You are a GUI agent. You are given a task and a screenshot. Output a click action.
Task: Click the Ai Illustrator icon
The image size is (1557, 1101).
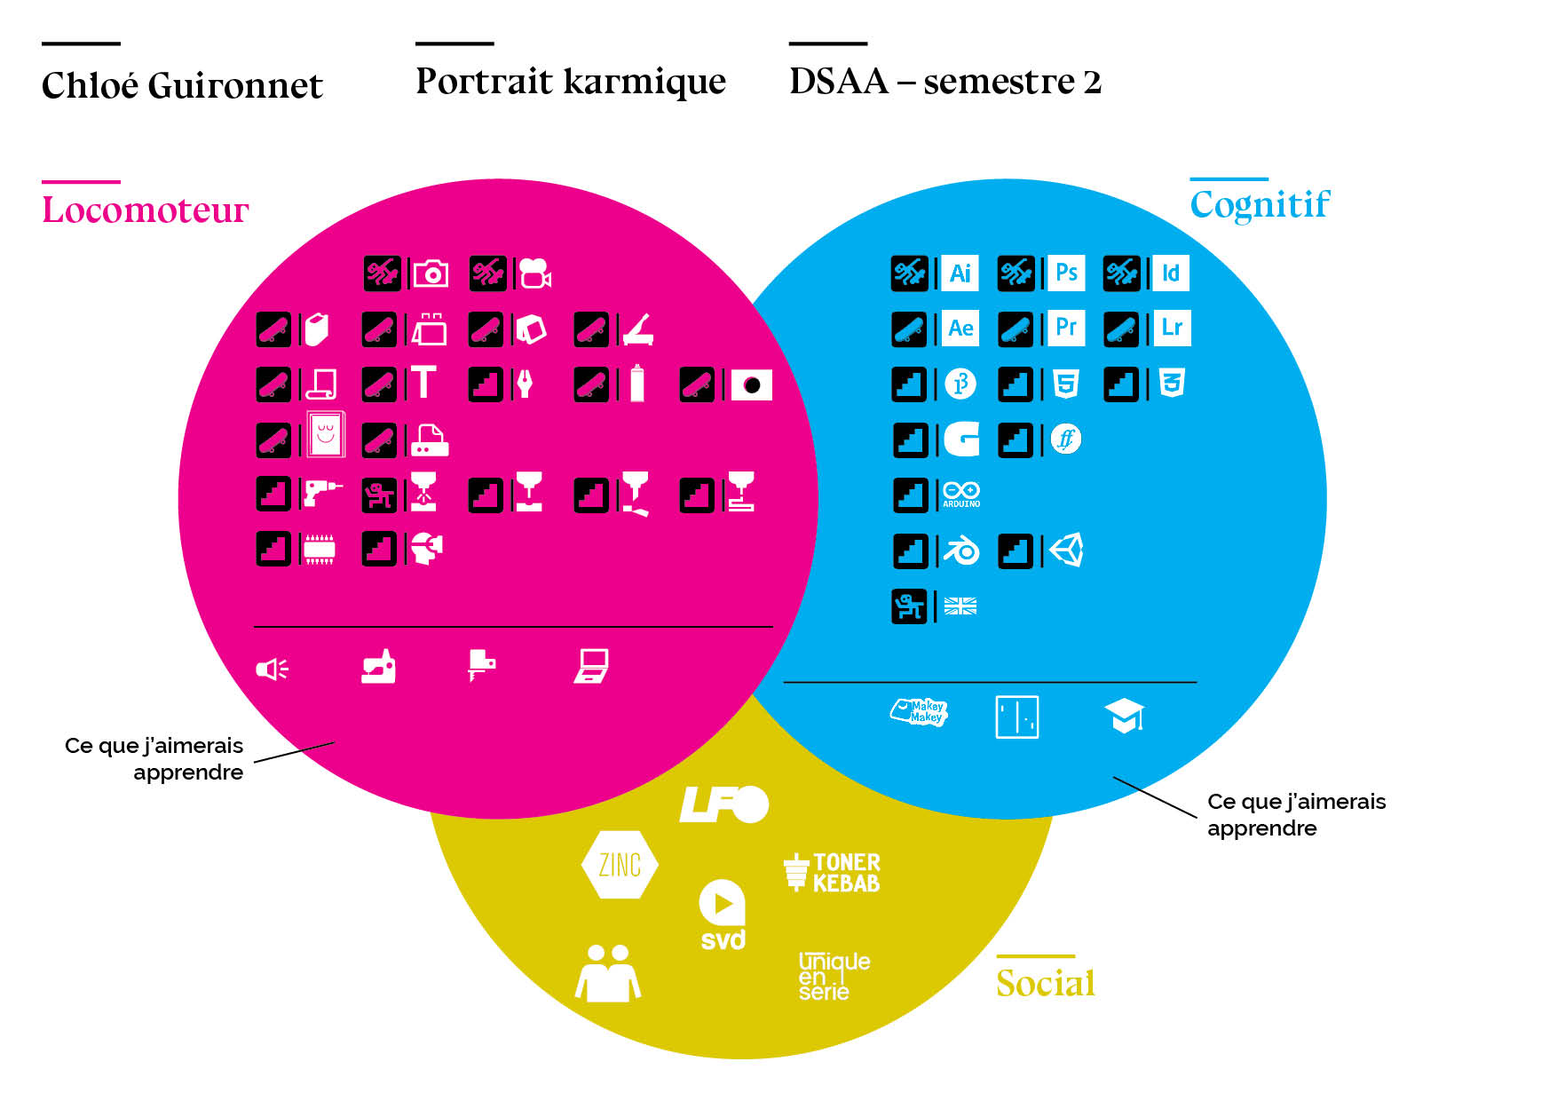click(x=960, y=273)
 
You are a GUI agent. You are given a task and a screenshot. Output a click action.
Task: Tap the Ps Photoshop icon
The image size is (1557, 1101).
click(x=1066, y=273)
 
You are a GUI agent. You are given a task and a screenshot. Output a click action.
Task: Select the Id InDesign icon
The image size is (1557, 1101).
click(x=1171, y=273)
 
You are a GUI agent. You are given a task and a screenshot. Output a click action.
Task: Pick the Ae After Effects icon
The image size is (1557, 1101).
click(x=960, y=328)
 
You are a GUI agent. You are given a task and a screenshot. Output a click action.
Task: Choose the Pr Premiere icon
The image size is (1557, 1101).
click(x=1066, y=328)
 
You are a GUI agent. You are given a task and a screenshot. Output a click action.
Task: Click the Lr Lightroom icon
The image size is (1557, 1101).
click(x=1172, y=328)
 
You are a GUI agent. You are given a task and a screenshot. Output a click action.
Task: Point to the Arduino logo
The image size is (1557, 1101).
click(x=961, y=495)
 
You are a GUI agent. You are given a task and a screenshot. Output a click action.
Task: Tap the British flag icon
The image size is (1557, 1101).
click(x=960, y=606)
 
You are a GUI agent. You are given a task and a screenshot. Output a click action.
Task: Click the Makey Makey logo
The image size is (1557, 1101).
click(x=920, y=712)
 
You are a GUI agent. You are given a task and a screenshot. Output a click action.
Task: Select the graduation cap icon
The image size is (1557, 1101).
click(x=1125, y=716)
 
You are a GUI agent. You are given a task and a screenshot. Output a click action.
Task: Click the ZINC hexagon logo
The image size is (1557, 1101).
click(x=620, y=865)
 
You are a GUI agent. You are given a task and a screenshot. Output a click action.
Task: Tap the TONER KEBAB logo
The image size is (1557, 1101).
click(x=832, y=872)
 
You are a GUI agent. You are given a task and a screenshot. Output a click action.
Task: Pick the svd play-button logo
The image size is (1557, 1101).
click(x=723, y=915)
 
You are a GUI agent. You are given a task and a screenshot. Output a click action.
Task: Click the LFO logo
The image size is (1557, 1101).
click(x=723, y=804)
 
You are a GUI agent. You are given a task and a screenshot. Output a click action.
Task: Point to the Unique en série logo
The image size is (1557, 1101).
click(x=833, y=976)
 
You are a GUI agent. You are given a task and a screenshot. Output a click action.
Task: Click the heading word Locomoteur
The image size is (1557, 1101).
click(x=146, y=210)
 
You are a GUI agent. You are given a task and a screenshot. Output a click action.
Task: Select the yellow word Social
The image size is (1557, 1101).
click(x=1045, y=983)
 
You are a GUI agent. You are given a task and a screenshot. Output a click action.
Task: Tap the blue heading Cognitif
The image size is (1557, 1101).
click(x=1259, y=204)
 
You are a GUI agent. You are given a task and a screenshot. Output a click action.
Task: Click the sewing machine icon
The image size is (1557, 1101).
click(x=378, y=666)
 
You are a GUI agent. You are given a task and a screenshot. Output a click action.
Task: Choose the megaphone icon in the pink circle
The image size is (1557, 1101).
click(x=272, y=669)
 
